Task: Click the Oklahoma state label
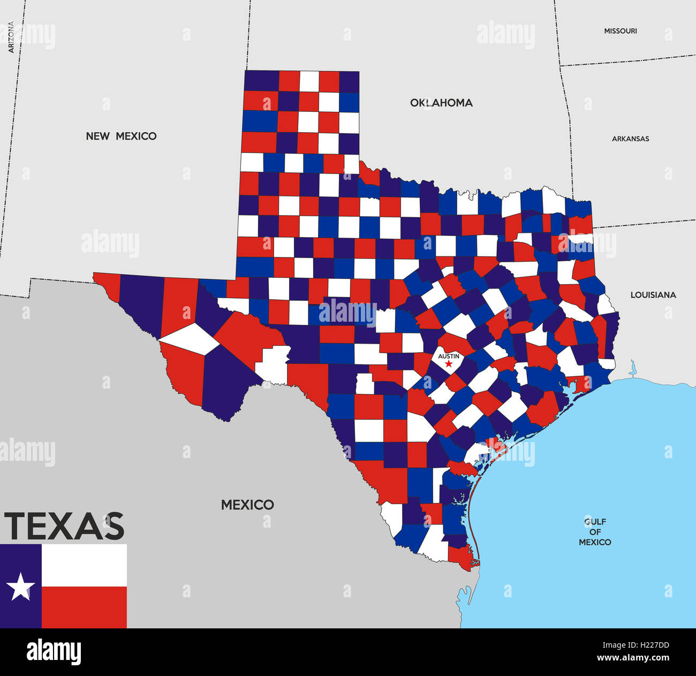pyautogui.click(x=441, y=103)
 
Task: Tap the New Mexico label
pyautogui.click(x=121, y=136)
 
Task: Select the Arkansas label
pyautogui.click(x=630, y=139)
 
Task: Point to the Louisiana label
pyautogui.click(x=653, y=295)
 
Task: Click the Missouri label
pyautogui.click(x=621, y=31)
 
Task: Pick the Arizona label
pyautogui.click(x=11, y=37)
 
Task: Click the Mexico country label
pyautogui.click(x=247, y=505)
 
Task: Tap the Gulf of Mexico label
pyautogui.click(x=595, y=531)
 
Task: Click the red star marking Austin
pyautogui.click(x=448, y=364)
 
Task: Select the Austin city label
pyautogui.click(x=449, y=356)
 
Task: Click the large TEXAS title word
pyautogui.click(x=64, y=526)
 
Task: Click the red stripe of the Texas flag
pyautogui.click(x=84, y=607)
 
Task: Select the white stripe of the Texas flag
pyautogui.click(x=84, y=565)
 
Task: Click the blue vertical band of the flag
pyautogui.click(x=21, y=610)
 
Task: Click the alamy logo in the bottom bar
pyautogui.click(x=54, y=652)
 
